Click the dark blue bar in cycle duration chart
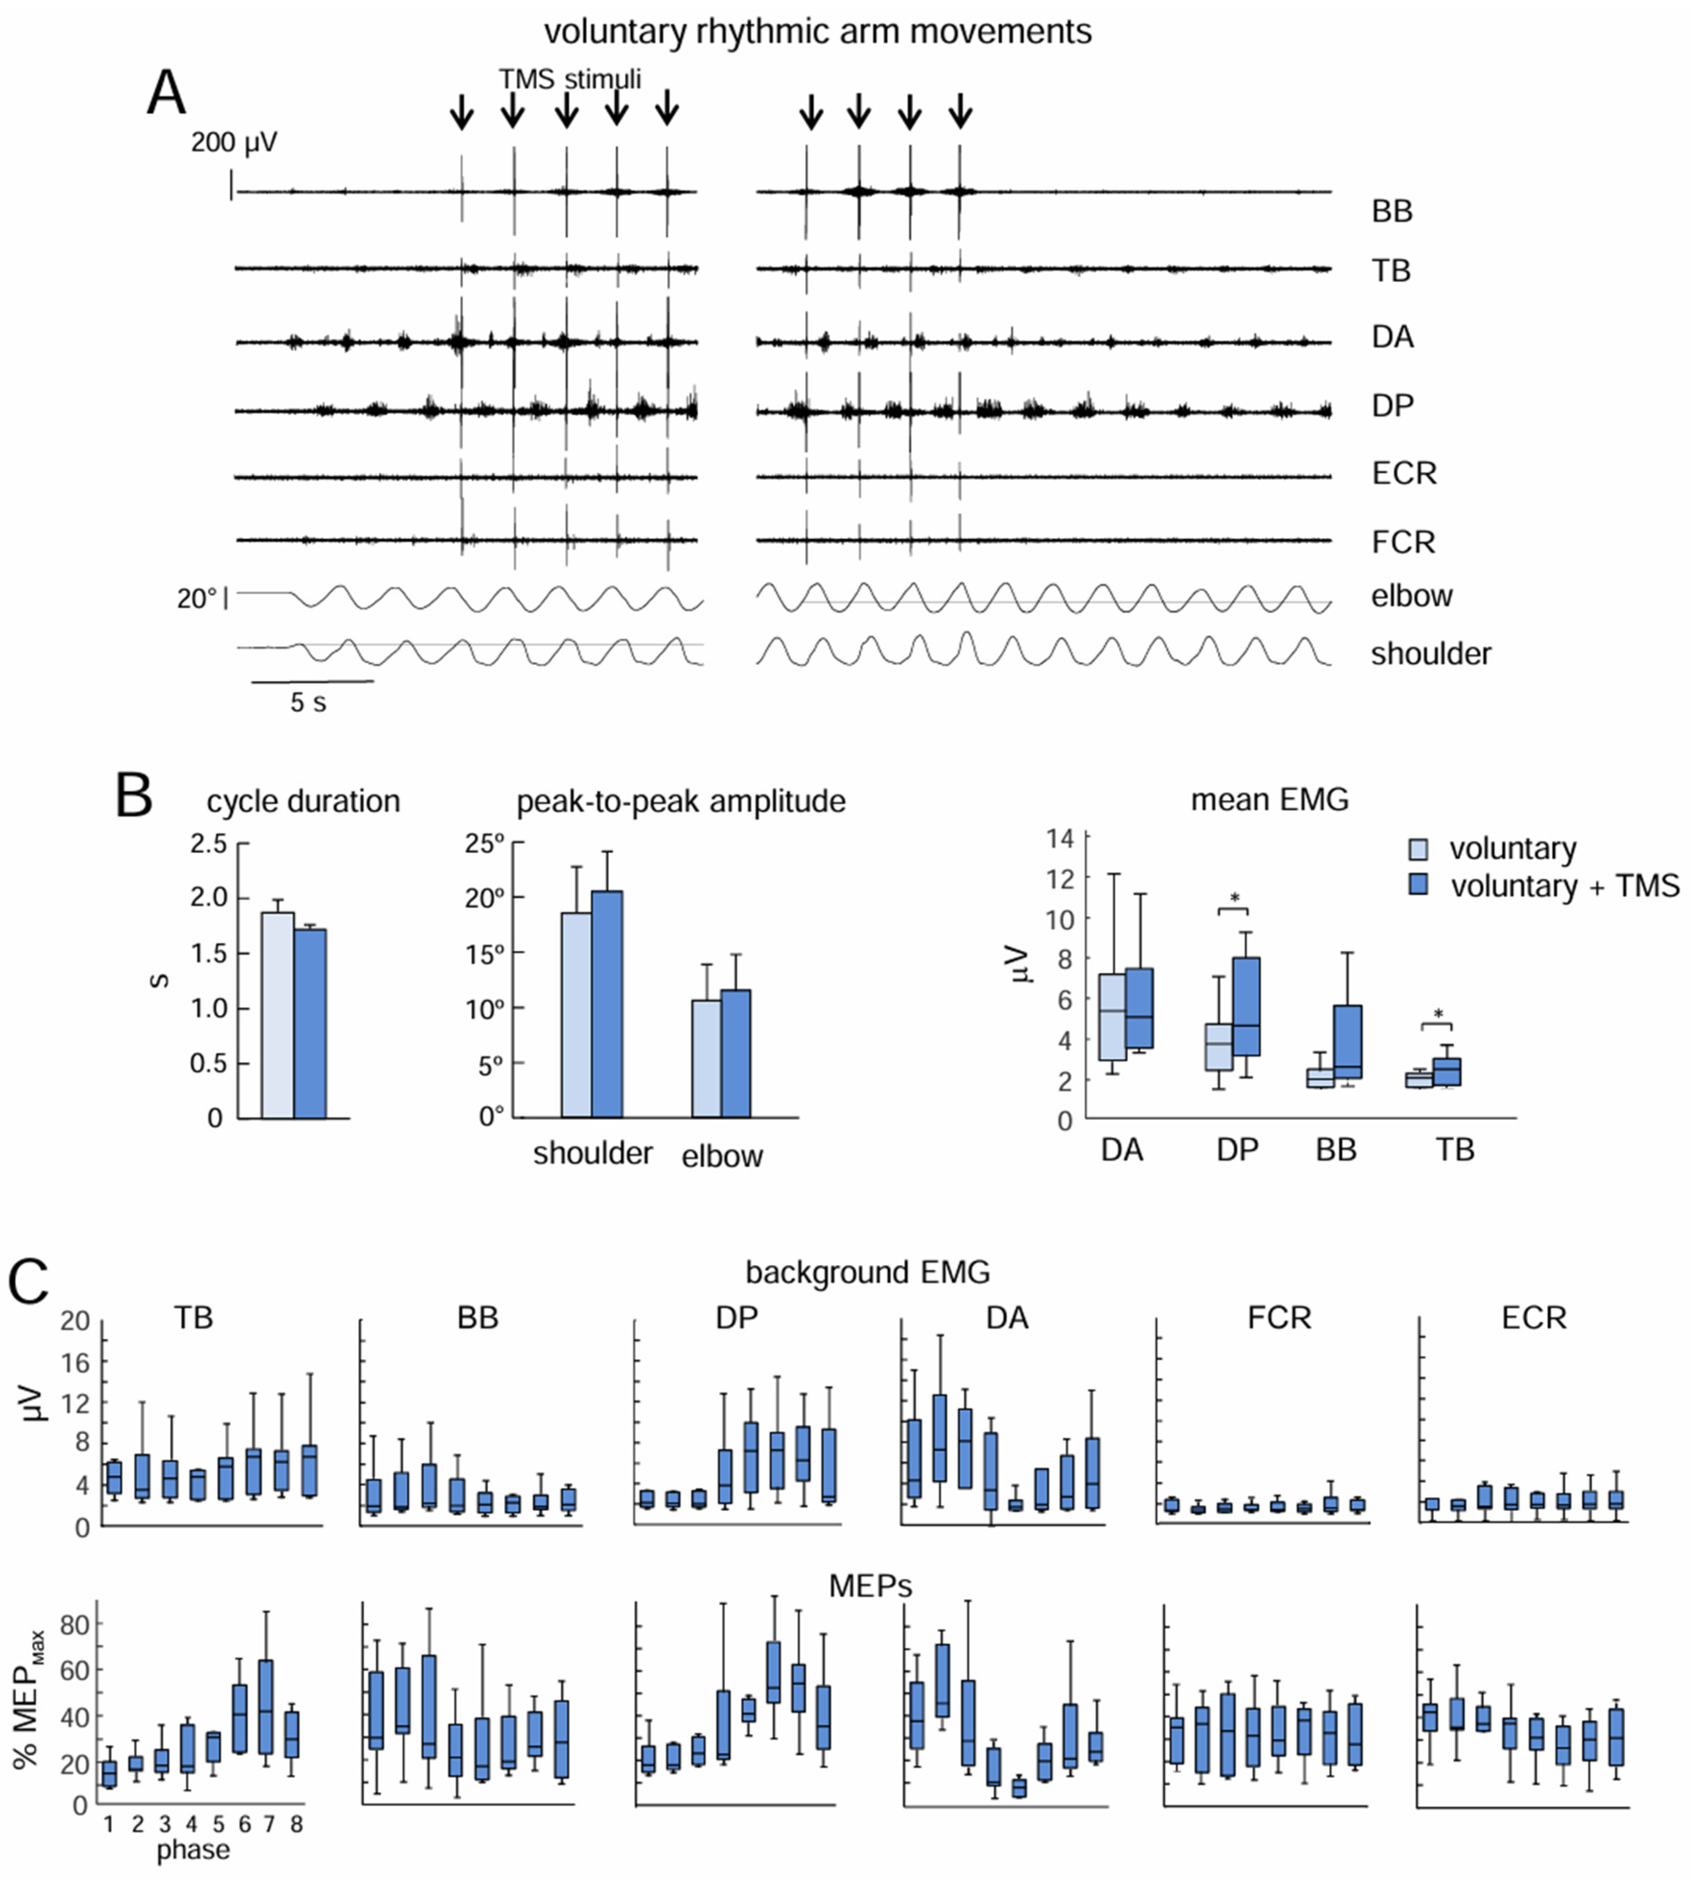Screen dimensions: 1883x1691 click(310, 1022)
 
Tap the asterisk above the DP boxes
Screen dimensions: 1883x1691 click(1235, 898)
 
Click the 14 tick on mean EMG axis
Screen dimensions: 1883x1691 click(1059, 838)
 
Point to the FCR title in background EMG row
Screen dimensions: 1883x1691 click(1279, 1318)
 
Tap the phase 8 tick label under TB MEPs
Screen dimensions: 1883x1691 click(296, 1824)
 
